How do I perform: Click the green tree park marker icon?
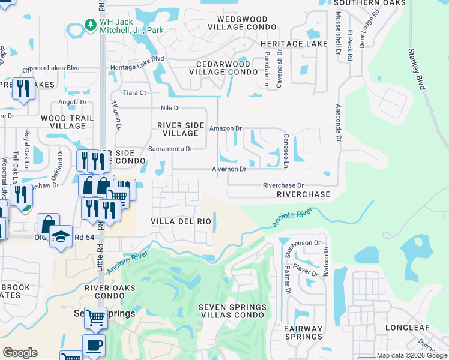(x=90, y=25)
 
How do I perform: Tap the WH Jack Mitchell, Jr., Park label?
(x=131, y=25)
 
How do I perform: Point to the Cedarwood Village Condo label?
(x=219, y=68)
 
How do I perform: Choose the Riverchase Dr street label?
(x=283, y=186)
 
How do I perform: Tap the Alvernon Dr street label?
(x=228, y=169)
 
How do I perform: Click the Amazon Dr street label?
(x=225, y=128)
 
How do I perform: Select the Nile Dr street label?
(x=170, y=108)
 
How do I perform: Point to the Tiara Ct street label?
(x=134, y=93)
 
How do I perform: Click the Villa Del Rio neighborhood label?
(x=181, y=221)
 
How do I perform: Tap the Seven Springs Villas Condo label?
(x=232, y=311)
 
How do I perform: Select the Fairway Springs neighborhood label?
(x=303, y=332)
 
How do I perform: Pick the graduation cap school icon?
(x=61, y=236)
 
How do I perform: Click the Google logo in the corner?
(x=20, y=352)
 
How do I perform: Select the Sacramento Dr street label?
(x=170, y=149)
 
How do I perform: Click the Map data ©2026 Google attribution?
(x=411, y=355)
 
